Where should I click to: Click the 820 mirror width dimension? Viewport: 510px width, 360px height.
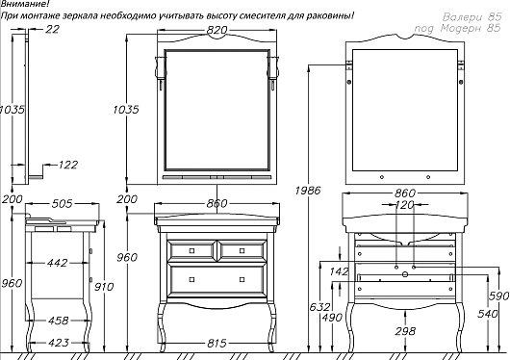[217, 30]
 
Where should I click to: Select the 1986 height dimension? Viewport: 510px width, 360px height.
[308, 190]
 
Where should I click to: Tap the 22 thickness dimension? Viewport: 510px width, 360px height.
[52, 29]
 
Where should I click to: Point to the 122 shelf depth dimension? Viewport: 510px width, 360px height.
[68, 165]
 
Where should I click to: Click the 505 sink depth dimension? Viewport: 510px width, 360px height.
[62, 204]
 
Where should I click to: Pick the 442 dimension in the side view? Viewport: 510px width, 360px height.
[57, 263]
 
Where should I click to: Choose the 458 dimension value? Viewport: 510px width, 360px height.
[59, 321]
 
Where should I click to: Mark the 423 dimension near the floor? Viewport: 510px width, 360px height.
[59, 343]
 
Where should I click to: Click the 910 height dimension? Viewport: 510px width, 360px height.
[104, 287]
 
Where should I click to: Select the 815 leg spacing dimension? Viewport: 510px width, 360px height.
[217, 343]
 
